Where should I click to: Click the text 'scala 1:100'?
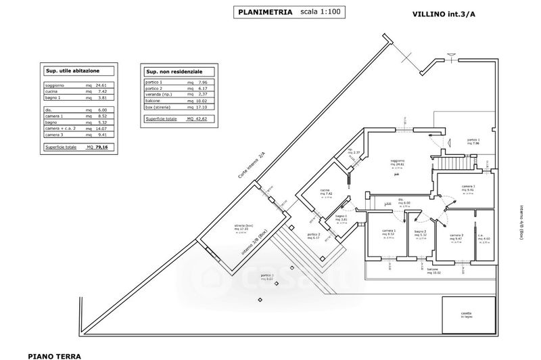(x=321, y=12)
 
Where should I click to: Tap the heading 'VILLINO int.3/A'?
(x=444, y=14)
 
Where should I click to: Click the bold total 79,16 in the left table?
(x=101, y=146)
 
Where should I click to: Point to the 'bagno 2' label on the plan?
(x=415, y=234)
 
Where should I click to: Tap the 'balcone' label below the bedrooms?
(x=433, y=269)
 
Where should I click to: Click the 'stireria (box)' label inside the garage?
(x=243, y=226)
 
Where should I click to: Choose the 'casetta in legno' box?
(x=467, y=315)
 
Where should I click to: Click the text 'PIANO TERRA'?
(x=55, y=354)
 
